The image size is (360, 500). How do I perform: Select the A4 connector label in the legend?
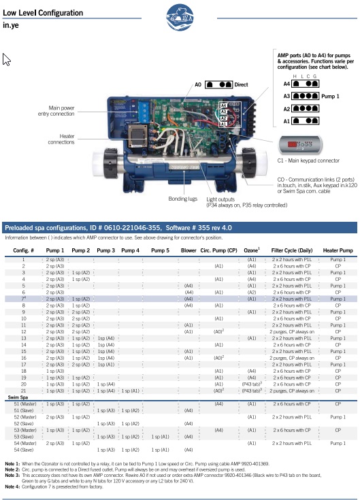coord(287,84)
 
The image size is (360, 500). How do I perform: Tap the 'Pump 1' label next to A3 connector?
coord(331,97)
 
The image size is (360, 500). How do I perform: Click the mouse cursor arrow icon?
coord(7,60)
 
